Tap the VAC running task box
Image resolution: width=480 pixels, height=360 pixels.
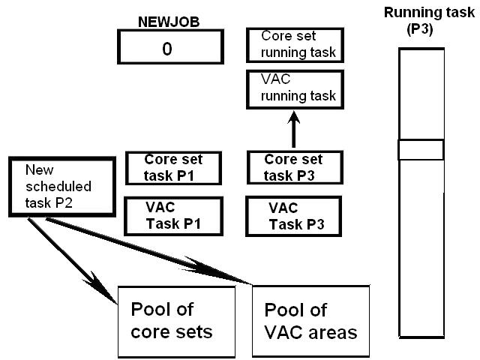[296, 90]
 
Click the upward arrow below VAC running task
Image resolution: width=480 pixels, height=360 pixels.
[294, 127]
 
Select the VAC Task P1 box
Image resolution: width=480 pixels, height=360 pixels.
[174, 215]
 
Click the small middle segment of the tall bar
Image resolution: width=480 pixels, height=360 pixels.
[421, 150]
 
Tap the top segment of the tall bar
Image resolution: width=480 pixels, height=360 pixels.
[421, 94]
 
